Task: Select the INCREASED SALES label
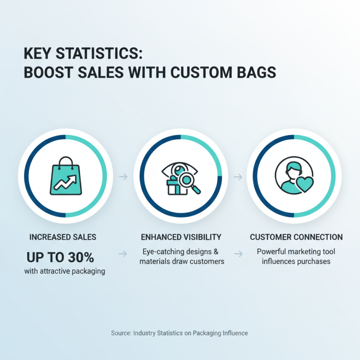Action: (63, 237)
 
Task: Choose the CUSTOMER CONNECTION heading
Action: (296, 237)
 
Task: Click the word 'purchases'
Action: (314, 261)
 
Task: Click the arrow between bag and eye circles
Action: (122, 177)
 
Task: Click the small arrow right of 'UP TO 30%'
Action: (122, 255)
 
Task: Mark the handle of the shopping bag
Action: (66, 161)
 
